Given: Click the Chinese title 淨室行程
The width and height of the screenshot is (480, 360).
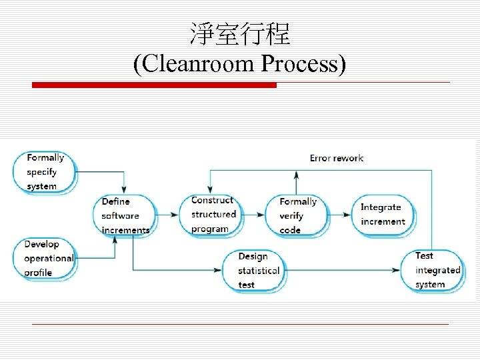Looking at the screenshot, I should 239,33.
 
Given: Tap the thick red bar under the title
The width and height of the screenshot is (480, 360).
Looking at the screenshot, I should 154,85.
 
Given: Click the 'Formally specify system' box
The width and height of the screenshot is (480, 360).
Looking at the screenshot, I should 45,172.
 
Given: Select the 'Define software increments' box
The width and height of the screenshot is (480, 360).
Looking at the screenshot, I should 124,215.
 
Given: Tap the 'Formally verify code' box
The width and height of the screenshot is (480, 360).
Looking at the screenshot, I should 297,215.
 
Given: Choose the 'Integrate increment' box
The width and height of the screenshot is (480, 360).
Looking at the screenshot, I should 383,215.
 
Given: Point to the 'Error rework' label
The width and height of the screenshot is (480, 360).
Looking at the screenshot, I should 336,158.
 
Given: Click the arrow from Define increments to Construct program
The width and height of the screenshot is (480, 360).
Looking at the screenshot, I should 168,215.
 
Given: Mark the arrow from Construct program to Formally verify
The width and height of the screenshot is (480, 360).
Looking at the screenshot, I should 253,215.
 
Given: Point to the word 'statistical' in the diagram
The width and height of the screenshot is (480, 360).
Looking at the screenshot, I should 259,271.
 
